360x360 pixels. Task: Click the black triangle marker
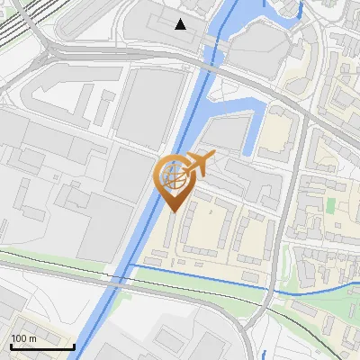(x=181, y=24)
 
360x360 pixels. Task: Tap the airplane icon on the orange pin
(x=197, y=164)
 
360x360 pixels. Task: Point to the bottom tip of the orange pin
(x=173, y=211)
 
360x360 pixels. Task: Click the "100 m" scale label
(x=22, y=338)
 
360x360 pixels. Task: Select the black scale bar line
(x=42, y=346)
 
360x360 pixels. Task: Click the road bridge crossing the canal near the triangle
(x=208, y=64)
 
